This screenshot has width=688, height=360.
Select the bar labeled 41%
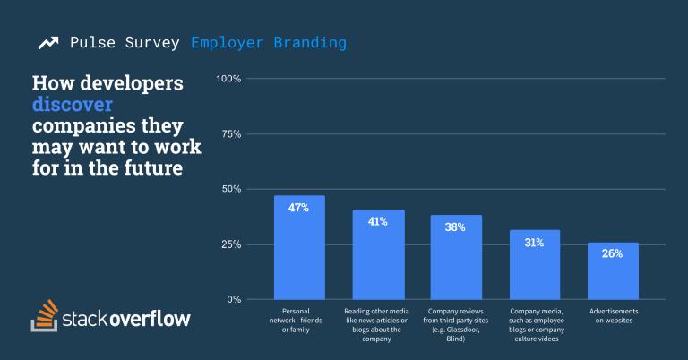(x=378, y=260)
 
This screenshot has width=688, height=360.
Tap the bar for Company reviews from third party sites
(x=456, y=262)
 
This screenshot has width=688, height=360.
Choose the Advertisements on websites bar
(x=613, y=273)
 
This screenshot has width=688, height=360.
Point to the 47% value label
(x=299, y=208)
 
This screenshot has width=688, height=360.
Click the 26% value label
(x=613, y=253)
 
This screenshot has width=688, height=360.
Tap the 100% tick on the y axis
(x=229, y=80)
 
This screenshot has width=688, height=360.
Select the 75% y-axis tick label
(x=231, y=134)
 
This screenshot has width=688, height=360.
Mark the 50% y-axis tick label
(x=231, y=190)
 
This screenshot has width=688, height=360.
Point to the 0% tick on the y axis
(x=235, y=299)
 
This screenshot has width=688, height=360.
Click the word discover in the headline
(x=73, y=105)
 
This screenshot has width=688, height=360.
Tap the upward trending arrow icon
(x=47, y=43)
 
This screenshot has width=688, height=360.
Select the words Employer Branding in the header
(x=269, y=43)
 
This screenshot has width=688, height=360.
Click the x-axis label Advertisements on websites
(x=613, y=314)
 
